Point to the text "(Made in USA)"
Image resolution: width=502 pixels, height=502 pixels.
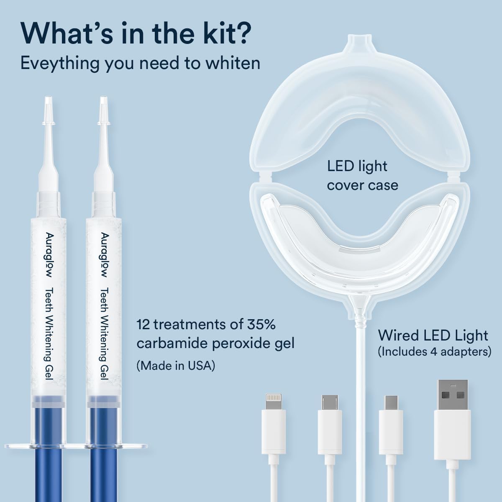pyautogui.click(x=176, y=366)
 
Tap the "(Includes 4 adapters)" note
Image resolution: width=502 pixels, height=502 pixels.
pyautogui.click(x=434, y=352)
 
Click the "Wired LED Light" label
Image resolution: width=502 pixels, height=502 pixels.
pyautogui.click(x=433, y=335)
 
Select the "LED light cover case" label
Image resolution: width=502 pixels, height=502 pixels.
pyautogui.click(x=362, y=175)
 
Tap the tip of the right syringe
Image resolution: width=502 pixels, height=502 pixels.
pyautogui.click(x=103, y=103)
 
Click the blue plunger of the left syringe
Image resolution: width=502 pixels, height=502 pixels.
pyautogui.click(x=47, y=460)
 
